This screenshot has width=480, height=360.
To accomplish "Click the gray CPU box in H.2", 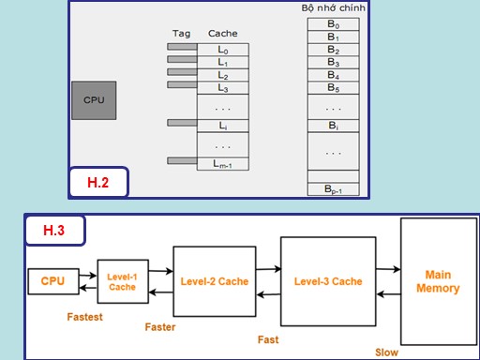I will click(x=94, y=99).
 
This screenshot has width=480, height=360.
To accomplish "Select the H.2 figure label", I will click(x=98, y=183).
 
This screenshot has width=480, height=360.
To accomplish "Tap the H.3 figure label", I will click(x=53, y=229).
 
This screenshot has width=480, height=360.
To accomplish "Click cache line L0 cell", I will click(x=222, y=48).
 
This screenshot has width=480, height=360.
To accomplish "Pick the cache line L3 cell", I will click(x=222, y=87).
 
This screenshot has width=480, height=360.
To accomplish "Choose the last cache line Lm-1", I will click(x=222, y=165).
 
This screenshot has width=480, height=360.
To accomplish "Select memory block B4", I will click(x=333, y=75).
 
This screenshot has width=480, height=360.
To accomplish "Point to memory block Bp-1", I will click(x=333, y=189).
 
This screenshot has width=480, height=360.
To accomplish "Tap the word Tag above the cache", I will click(x=181, y=33).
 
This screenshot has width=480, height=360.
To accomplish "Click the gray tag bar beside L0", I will click(x=182, y=46).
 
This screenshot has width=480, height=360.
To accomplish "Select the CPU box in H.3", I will click(x=53, y=281).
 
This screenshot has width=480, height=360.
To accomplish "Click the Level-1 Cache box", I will click(x=122, y=281).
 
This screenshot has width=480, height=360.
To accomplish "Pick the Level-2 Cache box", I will click(x=215, y=281).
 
